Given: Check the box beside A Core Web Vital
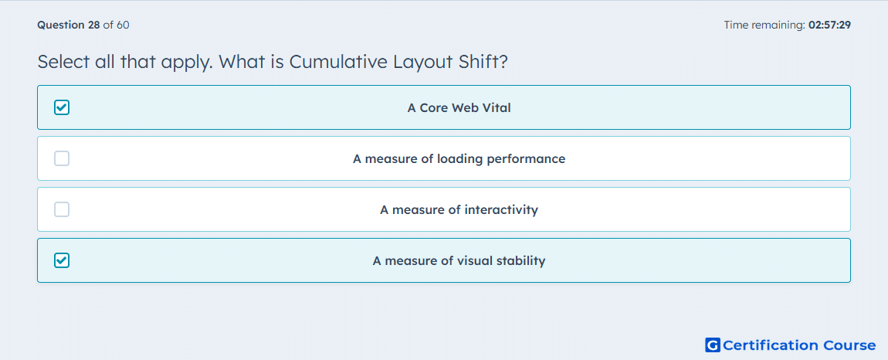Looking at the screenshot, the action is click(x=62, y=107).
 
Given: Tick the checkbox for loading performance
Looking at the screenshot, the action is click(x=62, y=158).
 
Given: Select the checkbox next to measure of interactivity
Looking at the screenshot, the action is click(x=62, y=209).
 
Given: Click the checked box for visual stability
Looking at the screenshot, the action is click(x=62, y=260).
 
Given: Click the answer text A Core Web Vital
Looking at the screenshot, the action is click(x=459, y=107).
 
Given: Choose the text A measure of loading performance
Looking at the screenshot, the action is click(x=459, y=158).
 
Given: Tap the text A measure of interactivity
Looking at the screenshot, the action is click(x=459, y=210).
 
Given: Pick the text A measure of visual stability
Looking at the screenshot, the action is click(x=459, y=261).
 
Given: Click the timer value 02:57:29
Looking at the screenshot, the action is click(x=829, y=25).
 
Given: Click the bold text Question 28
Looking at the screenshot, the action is click(x=69, y=25).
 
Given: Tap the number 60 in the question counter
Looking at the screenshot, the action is click(x=123, y=25).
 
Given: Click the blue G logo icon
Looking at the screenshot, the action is click(x=713, y=345).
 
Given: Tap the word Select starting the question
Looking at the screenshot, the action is click(x=63, y=61).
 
